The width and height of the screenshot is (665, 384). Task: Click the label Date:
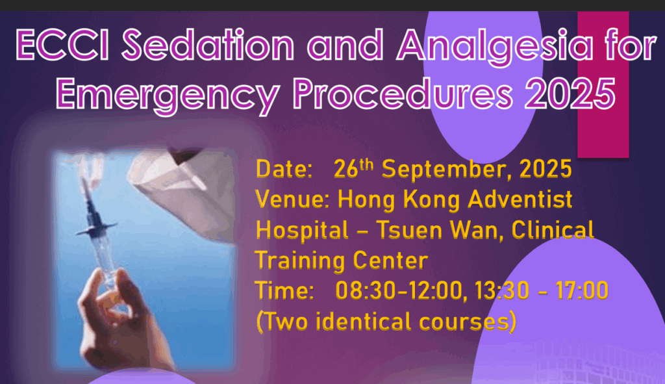click(x=284, y=170)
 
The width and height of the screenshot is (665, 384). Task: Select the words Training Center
click(x=342, y=261)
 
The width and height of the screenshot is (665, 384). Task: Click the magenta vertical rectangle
click(x=603, y=84)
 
